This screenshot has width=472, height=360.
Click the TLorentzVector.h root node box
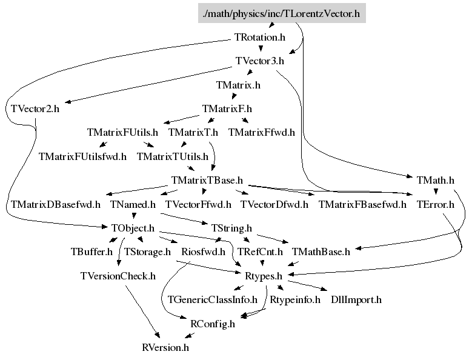click(x=282, y=12)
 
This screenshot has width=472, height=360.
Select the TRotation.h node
click(x=259, y=37)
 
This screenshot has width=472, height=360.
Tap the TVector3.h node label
click(x=259, y=61)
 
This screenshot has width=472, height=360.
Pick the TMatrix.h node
click(x=238, y=85)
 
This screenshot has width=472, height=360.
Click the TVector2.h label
click(x=35, y=109)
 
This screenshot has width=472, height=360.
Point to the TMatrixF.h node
click(x=227, y=109)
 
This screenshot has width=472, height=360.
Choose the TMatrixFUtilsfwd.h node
click(x=82, y=156)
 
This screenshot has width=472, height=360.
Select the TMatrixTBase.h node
click(x=207, y=180)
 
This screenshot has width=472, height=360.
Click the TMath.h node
click(x=435, y=180)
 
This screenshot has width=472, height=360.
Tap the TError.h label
click(x=435, y=204)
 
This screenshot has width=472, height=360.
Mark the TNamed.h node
click(x=133, y=204)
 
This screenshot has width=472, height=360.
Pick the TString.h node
click(x=231, y=228)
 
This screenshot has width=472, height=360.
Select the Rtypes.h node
click(x=263, y=276)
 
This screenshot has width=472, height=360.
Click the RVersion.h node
click(x=165, y=348)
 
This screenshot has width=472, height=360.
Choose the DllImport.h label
click(x=356, y=299)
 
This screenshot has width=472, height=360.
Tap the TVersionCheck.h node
click(x=118, y=276)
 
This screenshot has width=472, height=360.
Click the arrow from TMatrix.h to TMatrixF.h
click(x=232, y=97)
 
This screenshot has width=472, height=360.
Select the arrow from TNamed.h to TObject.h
click(x=133, y=216)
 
